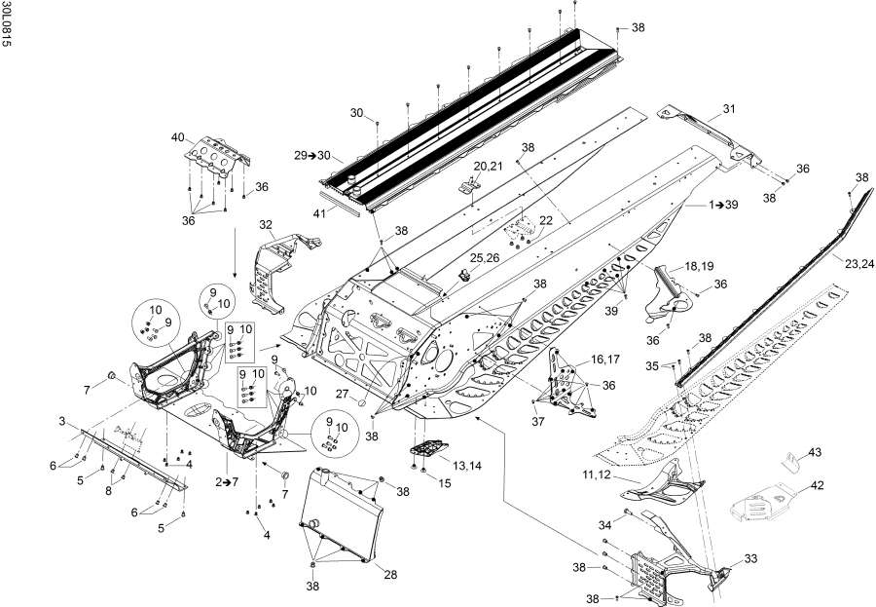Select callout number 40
coord(178,136)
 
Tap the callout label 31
coord(729,108)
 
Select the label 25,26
coord(484,257)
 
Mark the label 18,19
coord(698,265)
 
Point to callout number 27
coord(341,394)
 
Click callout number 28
coord(390,575)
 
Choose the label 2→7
coord(226,481)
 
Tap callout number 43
coord(815,451)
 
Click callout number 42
coord(819,484)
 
